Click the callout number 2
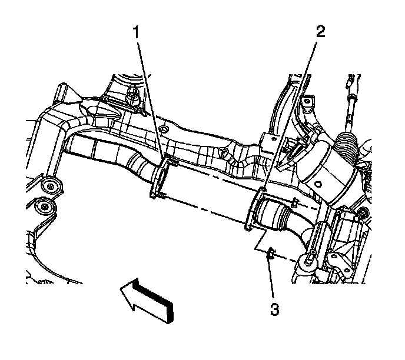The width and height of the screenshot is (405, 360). [x=320, y=32]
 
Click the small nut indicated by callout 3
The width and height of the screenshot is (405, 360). [x=271, y=254]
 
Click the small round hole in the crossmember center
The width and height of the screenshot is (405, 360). [x=164, y=128]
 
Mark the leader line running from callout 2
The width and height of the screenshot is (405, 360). [x=294, y=112]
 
